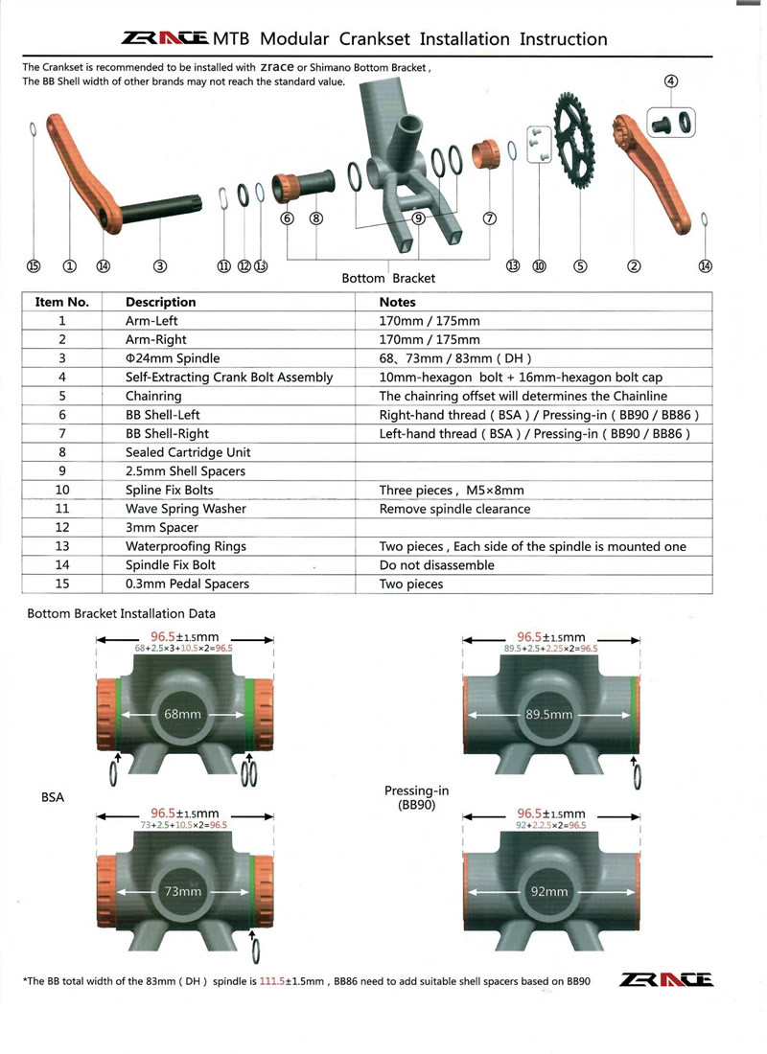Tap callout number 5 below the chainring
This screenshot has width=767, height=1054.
click(x=579, y=266)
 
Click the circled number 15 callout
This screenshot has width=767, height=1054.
click(x=34, y=266)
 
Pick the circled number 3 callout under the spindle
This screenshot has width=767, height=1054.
click(x=160, y=266)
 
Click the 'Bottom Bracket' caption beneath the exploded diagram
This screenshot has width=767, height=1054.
click(x=388, y=278)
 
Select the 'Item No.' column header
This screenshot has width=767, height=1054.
click(x=62, y=302)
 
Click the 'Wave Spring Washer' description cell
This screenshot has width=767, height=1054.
click(x=186, y=509)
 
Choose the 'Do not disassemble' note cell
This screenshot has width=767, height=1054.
click(x=437, y=565)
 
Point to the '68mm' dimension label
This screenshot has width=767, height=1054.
click(x=182, y=715)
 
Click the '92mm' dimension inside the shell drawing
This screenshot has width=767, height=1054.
click(x=549, y=891)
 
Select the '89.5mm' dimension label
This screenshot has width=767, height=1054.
click(x=549, y=715)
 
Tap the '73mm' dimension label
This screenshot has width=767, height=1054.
click(x=182, y=891)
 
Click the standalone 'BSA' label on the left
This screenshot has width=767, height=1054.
click(x=53, y=796)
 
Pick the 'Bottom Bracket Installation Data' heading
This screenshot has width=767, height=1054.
click(x=121, y=613)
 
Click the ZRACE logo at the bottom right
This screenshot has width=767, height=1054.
click(x=667, y=979)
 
